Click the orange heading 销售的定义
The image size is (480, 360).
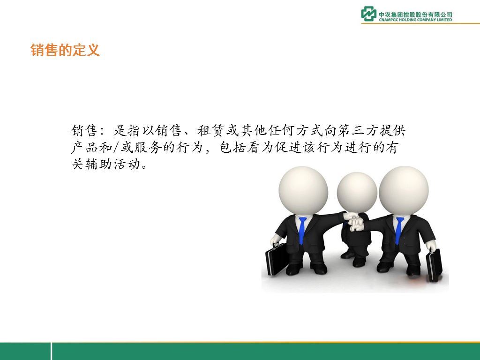coord(65,50)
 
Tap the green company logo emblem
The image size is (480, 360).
coord(368,14)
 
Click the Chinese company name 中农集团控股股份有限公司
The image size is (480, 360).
coord(415,15)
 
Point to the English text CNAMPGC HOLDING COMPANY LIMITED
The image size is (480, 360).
coord(415,20)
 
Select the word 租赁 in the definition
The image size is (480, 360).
coord(211,131)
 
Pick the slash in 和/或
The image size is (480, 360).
coord(116,148)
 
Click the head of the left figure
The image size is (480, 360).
coord(303,191)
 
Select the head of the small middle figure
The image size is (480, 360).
coord(357,192)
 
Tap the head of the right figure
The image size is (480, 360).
coord(404,191)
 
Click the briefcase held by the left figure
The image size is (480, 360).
coord(277,259)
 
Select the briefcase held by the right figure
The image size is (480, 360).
coord(434,265)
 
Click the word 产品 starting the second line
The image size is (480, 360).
coord(85,148)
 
